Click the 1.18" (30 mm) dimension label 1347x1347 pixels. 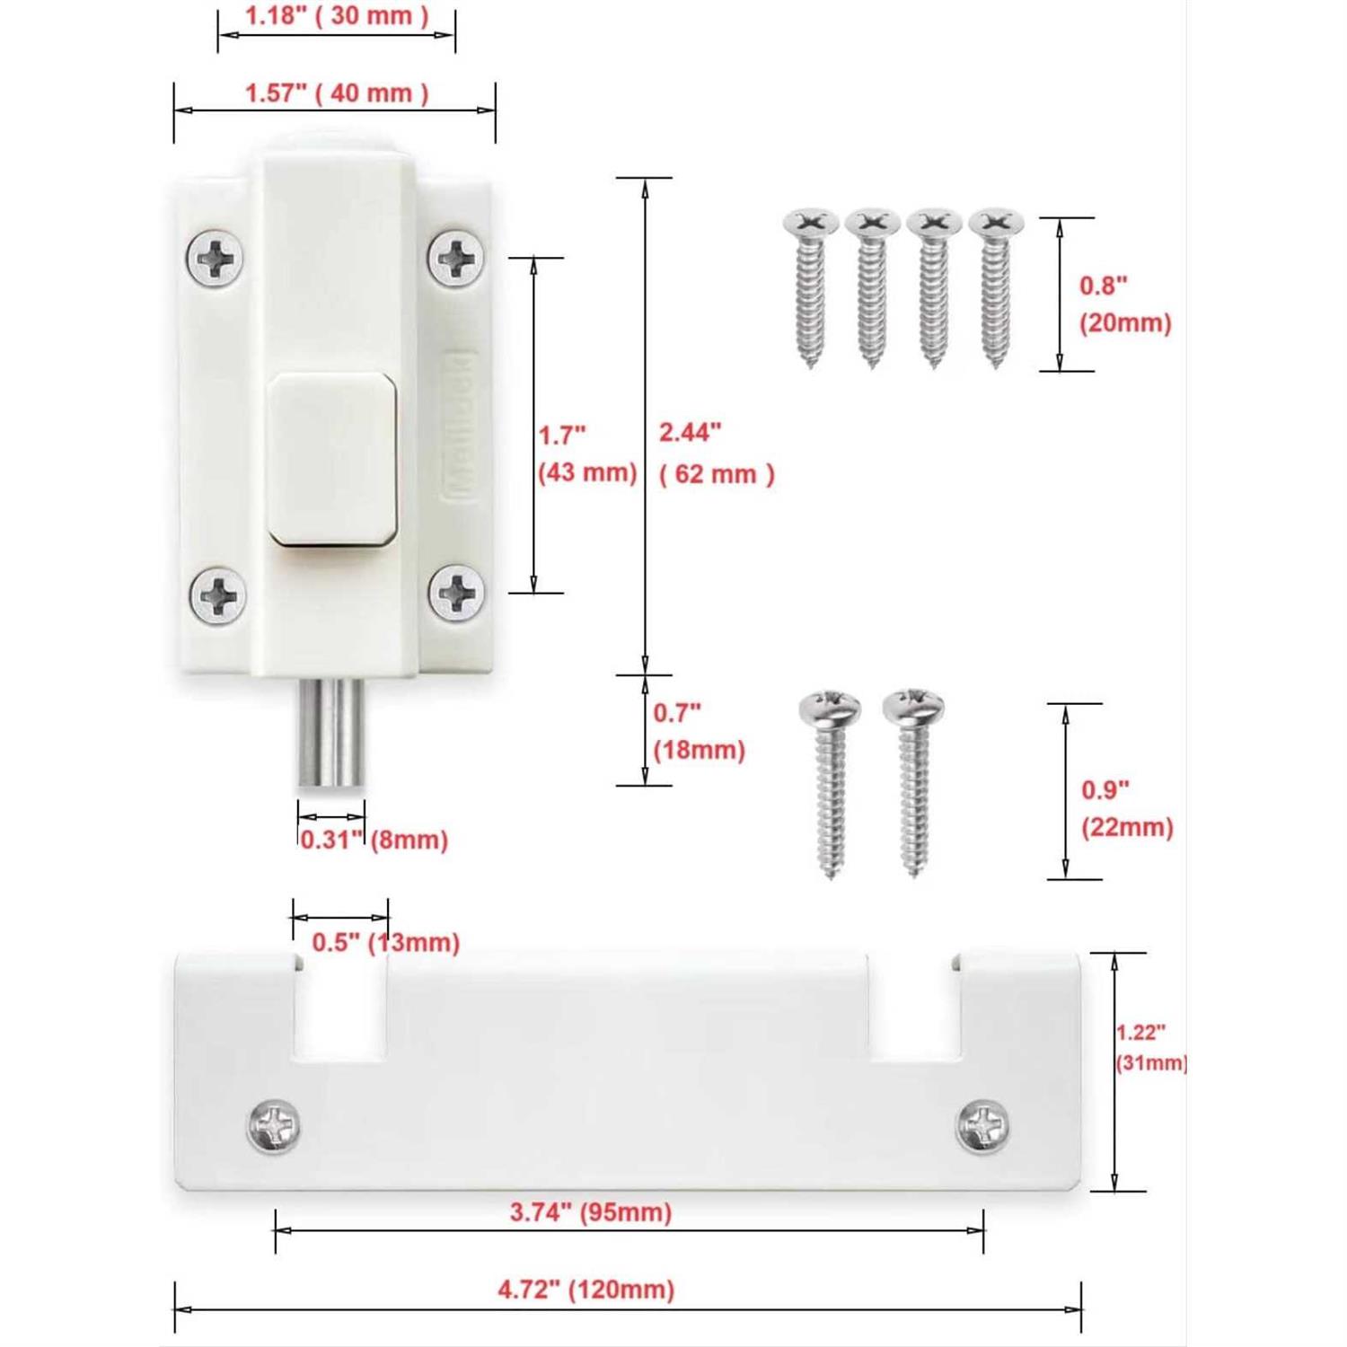(337, 16)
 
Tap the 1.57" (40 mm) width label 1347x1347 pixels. (337, 93)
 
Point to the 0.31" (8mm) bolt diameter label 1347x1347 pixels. (374, 841)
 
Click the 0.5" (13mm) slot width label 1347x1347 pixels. (385, 943)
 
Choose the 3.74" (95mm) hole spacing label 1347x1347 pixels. (591, 1212)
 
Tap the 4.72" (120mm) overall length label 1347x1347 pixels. (585, 1290)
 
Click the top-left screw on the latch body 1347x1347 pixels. (216, 259)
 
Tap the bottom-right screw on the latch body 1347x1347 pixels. (456, 593)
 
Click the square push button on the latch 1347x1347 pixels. (333, 458)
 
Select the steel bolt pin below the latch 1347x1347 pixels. (330, 735)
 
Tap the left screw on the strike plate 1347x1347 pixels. (273, 1125)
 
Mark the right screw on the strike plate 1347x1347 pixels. (982, 1125)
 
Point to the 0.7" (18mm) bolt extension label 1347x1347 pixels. (699, 732)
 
